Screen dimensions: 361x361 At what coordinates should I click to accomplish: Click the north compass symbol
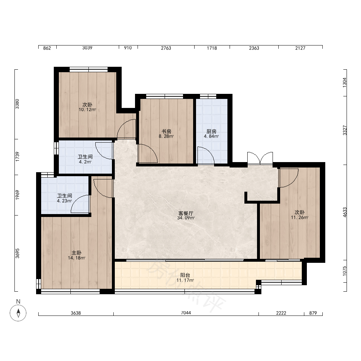click(18, 313)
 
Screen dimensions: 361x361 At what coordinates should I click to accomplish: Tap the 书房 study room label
click(166, 131)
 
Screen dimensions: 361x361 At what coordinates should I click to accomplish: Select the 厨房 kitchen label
click(211, 131)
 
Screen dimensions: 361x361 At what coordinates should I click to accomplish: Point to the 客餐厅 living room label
click(186, 213)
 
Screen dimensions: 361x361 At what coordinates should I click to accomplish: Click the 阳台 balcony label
click(185, 275)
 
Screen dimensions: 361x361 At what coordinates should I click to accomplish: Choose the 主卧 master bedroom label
click(77, 253)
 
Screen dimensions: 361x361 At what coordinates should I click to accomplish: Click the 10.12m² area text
click(87, 110)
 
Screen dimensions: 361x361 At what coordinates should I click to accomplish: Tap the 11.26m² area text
click(300, 217)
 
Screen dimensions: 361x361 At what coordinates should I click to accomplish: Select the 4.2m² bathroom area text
click(85, 162)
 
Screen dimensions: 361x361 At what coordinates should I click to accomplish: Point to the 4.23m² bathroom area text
click(65, 201)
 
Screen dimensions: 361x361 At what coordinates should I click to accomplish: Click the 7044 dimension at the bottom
click(186, 313)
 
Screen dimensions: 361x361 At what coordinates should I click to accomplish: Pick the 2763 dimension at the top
click(166, 48)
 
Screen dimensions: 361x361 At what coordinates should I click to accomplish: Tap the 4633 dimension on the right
click(345, 212)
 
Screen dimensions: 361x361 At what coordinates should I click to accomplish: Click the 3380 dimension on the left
click(17, 104)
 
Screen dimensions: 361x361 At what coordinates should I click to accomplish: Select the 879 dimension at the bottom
click(313, 313)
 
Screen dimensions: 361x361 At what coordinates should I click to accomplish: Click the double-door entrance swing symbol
click(260, 158)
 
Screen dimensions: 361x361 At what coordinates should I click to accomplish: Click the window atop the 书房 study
click(165, 96)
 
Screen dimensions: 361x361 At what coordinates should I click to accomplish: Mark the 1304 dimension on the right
click(345, 82)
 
